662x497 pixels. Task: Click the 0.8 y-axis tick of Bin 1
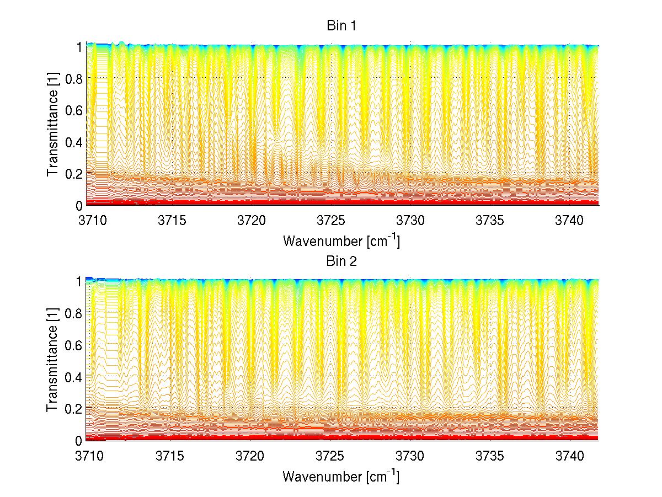click(74, 78)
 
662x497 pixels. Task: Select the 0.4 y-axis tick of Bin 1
click(74, 142)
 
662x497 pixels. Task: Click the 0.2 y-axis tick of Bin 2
click(74, 409)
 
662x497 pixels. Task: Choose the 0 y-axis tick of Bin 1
click(79, 206)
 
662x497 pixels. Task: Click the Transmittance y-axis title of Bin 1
click(52, 126)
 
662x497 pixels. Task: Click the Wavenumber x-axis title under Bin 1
click(341, 241)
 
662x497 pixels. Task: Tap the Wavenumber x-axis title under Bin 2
click(341, 476)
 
